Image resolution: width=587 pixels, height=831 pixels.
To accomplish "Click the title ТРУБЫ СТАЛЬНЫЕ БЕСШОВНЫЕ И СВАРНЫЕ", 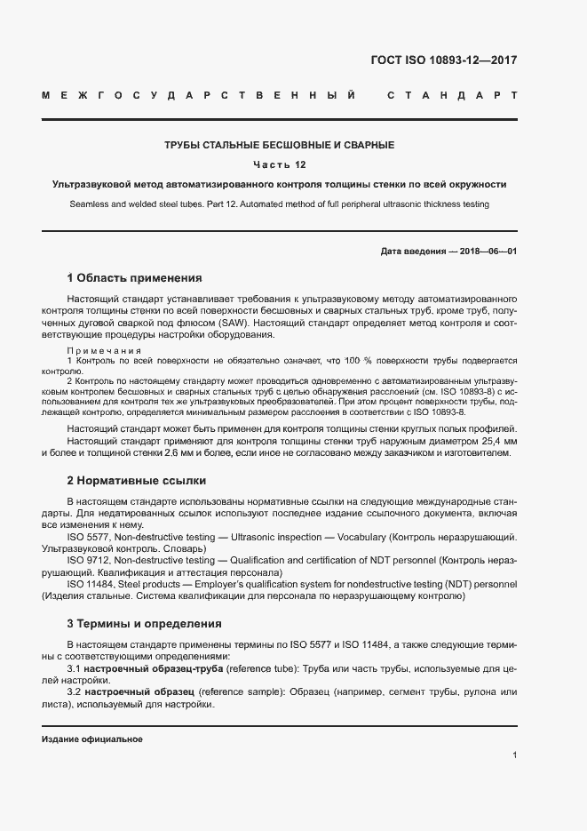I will [279, 145].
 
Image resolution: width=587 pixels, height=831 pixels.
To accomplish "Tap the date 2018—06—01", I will [486, 251].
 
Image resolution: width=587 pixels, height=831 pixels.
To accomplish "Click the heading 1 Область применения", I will [135, 277].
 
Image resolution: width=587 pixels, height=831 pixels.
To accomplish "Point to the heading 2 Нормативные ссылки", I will [137, 481].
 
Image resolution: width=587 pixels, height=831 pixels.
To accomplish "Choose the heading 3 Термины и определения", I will [144, 623].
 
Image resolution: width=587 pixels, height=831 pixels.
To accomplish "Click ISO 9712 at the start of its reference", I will [88, 561].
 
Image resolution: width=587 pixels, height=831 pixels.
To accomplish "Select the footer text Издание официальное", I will [92, 739].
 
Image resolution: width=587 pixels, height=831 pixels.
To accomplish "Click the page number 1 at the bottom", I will [515, 755].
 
